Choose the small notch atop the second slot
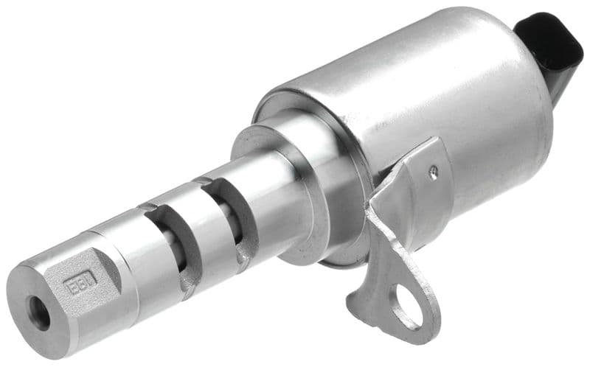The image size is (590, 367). [x=203, y=181]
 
